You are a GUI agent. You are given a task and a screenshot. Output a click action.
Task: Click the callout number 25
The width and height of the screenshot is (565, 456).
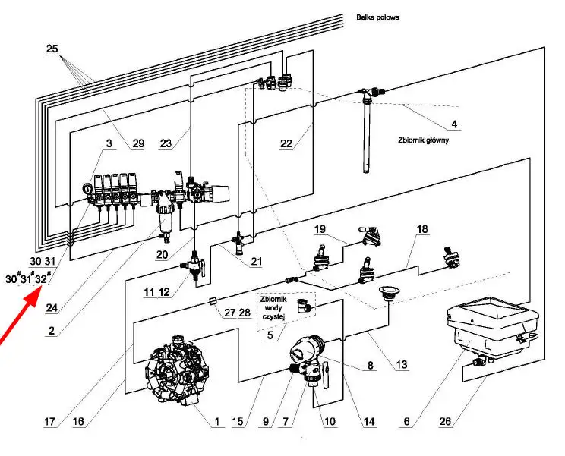click(52, 49)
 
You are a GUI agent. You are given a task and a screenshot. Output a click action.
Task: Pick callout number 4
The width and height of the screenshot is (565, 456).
click(453, 124)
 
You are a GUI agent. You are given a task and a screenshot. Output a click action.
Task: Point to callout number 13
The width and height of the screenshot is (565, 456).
click(401, 365)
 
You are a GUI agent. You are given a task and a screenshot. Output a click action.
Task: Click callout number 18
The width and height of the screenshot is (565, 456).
click(422, 228)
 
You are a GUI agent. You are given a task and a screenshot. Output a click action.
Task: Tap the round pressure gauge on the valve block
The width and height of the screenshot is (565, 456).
click(82, 190)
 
